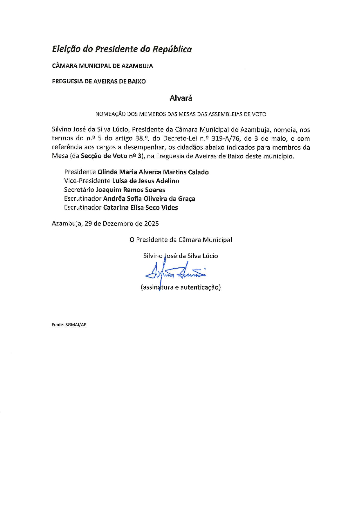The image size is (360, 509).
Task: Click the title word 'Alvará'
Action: click(181, 98)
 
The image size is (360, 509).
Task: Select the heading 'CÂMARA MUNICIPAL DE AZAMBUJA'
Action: click(102, 66)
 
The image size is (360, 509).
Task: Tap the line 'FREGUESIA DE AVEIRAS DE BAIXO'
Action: click(99, 82)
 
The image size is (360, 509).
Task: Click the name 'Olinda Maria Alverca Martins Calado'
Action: click(153, 172)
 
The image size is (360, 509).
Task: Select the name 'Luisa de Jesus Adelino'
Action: click(145, 181)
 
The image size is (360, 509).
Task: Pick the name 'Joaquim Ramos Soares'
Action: click(130, 190)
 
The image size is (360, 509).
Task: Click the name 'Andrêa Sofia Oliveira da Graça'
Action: click(149, 199)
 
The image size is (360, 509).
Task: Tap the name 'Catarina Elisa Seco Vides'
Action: click(140, 208)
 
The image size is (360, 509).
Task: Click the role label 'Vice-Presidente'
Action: click(87, 181)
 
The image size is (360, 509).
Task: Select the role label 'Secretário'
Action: click(79, 190)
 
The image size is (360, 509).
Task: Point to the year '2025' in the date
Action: click(151, 224)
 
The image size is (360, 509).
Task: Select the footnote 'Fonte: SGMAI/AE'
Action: click(69, 325)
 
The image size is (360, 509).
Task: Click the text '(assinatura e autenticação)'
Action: click(181, 287)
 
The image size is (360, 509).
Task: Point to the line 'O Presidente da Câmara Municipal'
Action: click(181, 240)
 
